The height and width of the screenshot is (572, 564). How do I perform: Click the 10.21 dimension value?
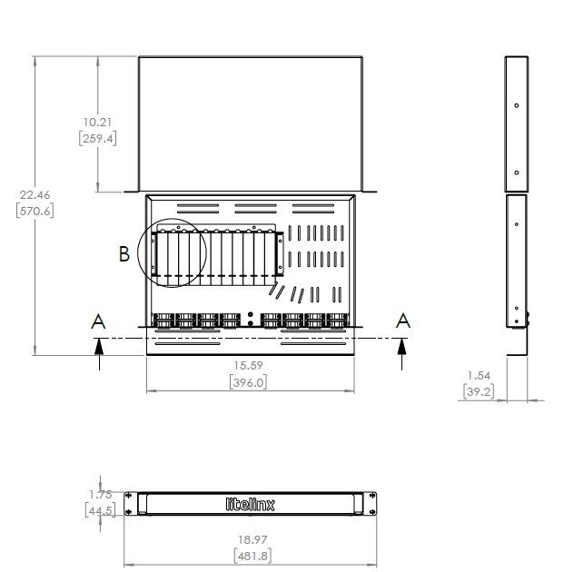click(x=96, y=122)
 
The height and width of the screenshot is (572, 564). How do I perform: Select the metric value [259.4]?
click(x=96, y=139)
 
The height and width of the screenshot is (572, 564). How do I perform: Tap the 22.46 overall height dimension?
click(x=34, y=194)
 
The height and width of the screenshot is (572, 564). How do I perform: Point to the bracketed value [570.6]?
click(x=34, y=211)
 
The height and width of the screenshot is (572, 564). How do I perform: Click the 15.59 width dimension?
click(x=250, y=367)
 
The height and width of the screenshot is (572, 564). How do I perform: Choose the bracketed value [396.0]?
click(x=250, y=383)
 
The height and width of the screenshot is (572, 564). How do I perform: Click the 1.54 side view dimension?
click(x=478, y=375)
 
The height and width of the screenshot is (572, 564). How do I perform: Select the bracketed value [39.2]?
click(x=478, y=391)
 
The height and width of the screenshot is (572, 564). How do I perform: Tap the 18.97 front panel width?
click(x=251, y=539)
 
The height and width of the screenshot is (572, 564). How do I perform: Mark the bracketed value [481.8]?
click(x=251, y=556)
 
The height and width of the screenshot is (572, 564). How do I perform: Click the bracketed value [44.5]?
click(x=100, y=511)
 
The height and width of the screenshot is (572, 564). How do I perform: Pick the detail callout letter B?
click(x=124, y=254)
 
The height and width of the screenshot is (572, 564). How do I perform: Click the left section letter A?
click(x=98, y=321)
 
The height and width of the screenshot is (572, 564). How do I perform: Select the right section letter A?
click(x=402, y=321)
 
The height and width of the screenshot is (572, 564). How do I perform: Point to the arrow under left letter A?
click(x=98, y=354)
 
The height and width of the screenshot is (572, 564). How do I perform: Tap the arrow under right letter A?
click(x=402, y=354)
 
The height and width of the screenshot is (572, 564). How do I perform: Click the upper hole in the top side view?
click(x=516, y=105)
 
